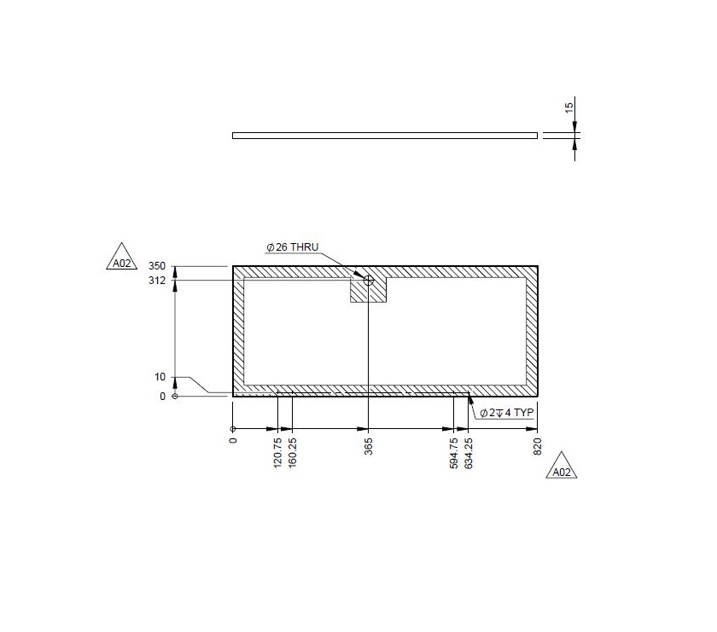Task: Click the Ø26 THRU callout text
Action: point(292,247)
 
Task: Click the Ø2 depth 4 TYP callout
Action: point(507,413)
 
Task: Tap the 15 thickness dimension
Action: point(569,108)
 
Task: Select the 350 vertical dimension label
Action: point(156,267)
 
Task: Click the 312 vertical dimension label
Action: point(156,280)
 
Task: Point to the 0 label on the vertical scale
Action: point(163,397)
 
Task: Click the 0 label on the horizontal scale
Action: point(233,443)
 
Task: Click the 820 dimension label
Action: point(538,448)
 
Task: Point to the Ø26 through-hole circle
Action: point(369,280)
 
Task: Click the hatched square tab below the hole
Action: point(369,291)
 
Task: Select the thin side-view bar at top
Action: point(384,135)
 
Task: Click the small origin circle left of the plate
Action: point(175,397)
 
